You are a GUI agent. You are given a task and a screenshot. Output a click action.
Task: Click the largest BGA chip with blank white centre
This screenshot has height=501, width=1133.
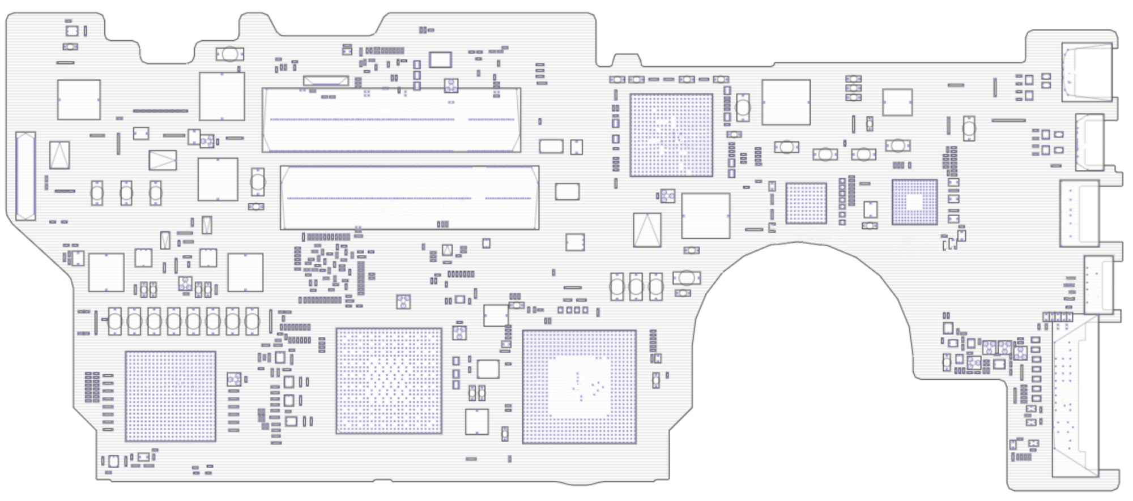[x=579, y=387]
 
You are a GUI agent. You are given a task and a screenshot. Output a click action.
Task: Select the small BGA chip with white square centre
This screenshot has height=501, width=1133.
[x=914, y=202]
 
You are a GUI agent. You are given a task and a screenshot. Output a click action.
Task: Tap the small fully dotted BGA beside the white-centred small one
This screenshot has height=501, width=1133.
[x=806, y=203]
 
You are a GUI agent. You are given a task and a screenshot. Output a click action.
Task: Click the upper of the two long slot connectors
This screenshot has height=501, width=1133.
[x=391, y=119]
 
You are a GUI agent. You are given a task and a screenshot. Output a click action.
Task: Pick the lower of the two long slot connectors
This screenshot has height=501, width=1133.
[x=409, y=198]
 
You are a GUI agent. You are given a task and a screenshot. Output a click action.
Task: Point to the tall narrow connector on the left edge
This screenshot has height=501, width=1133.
[x=25, y=176]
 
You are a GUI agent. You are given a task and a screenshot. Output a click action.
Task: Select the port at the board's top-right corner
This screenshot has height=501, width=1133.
[x=1087, y=72]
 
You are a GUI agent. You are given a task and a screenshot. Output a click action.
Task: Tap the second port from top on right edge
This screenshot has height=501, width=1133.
[x=1089, y=142]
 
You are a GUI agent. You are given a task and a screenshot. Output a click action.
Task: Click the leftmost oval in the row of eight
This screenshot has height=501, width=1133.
[x=114, y=322]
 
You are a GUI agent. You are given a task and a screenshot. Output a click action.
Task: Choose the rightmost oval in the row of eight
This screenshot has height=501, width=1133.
[x=252, y=322]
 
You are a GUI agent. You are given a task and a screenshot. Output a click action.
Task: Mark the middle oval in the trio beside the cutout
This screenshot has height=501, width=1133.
[x=636, y=286]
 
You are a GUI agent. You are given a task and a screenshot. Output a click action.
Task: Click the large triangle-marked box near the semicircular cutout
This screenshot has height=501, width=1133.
[x=647, y=230]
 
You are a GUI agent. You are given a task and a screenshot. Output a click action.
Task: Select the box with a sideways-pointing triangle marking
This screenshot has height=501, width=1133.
[x=163, y=160]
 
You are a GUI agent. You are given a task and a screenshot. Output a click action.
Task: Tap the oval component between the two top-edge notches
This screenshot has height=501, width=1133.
[x=229, y=54]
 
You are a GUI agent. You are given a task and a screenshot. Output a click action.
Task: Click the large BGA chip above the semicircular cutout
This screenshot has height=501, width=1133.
[x=671, y=135]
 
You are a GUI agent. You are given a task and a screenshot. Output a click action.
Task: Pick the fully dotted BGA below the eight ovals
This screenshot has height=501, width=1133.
[x=170, y=396]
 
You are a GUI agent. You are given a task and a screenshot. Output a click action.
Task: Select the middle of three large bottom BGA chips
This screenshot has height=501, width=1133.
[x=389, y=380]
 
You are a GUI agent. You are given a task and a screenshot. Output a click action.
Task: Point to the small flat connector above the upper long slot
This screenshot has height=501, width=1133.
[x=326, y=81]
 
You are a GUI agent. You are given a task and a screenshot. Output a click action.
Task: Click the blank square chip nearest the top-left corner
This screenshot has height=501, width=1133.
[x=79, y=100]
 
